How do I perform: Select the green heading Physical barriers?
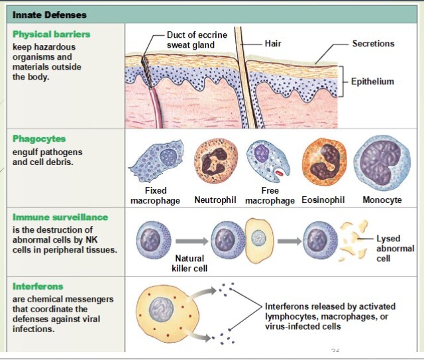(x=51, y=34)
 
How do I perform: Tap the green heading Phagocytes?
(x=39, y=139)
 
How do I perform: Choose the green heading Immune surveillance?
(x=60, y=217)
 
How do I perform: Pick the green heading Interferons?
(x=38, y=286)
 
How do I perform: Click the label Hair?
(x=273, y=43)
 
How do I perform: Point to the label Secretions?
(x=372, y=44)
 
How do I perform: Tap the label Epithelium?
(x=372, y=82)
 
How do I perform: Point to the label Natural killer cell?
(x=189, y=263)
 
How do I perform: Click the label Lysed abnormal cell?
(x=395, y=248)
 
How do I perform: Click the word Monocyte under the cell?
(x=382, y=200)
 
